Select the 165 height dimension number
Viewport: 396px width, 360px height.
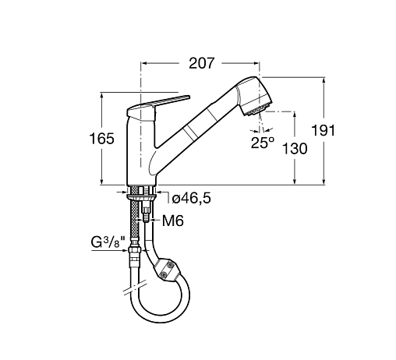tap(101, 139)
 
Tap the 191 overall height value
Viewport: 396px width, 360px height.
tap(323, 130)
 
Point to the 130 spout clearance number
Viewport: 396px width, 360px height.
tap(295, 149)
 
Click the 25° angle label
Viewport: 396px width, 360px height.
tap(263, 143)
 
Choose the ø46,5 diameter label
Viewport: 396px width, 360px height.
tap(192, 199)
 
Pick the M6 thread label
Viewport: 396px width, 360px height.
tap(173, 221)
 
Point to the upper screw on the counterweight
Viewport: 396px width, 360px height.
tap(170, 265)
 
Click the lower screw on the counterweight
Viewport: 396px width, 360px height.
tap(164, 274)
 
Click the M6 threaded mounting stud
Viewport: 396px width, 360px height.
tap(147, 214)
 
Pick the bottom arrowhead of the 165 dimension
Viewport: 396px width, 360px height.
tap(101, 182)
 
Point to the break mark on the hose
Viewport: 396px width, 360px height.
tap(135, 288)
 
